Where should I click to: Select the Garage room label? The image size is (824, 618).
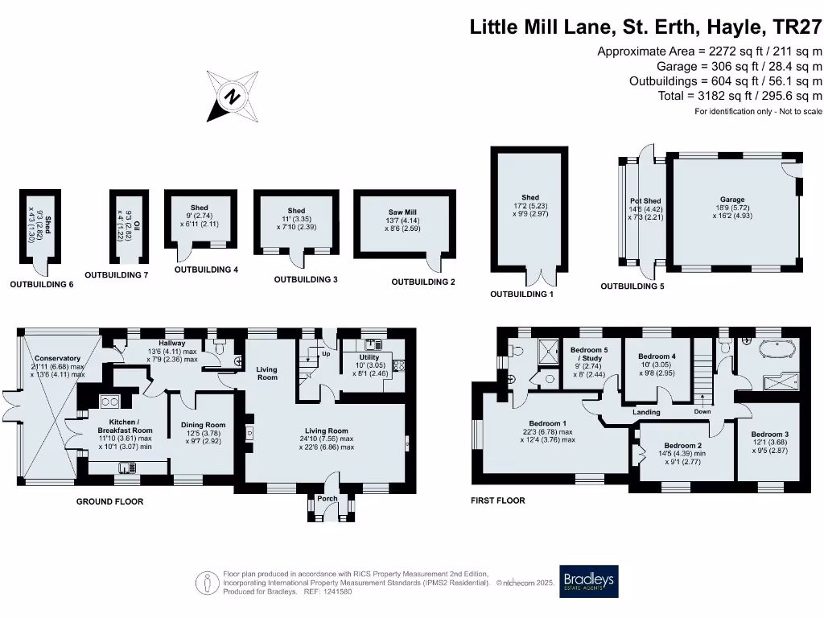point(732,200)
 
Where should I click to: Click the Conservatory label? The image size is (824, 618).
point(57,358)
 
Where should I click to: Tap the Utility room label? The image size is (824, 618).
point(369,357)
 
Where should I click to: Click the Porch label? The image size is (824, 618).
point(328,498)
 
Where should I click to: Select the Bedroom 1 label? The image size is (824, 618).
point(547,424)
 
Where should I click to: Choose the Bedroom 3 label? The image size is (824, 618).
point(769,435)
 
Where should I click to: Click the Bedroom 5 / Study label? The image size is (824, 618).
point(589,354)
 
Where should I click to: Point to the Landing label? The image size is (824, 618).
point(645,412)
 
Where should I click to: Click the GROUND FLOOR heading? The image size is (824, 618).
point(109,501)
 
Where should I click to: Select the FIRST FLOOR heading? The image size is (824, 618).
point(497,501)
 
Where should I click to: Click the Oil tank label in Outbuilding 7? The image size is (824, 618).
point(137,225)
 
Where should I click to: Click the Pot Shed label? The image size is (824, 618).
point(645,201)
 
